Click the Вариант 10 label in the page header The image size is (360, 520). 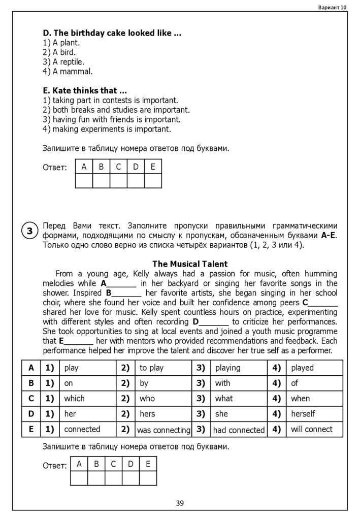click(x=332, y=8)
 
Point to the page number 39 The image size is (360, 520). click(x=180, y=503)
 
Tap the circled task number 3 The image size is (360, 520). click(x=30, y=232)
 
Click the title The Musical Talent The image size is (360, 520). click(x=190, y=264)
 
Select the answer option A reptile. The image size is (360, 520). click(x=63, y=62)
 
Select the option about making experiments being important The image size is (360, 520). click(x=107, y=129)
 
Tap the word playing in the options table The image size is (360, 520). click(x=228, y=368)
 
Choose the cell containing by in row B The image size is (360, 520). click(x=144, y=383)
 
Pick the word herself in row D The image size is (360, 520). click(x=303, y=414)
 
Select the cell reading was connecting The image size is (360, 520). click(x=163, y=430)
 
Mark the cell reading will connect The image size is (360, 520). click(x=312, y=429)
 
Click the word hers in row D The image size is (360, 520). click(x=147, y=414)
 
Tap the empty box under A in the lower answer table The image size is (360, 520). click(x=79, y=478)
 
